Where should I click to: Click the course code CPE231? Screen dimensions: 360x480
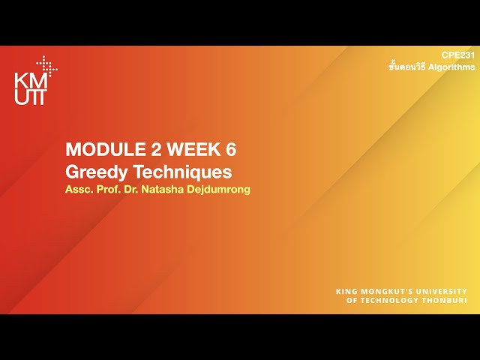click(457, 55)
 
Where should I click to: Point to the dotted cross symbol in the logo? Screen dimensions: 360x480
click(47, 65)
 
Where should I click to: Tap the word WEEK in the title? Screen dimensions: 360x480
click(184, 148)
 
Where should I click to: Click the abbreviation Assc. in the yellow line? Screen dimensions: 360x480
click(79, 189)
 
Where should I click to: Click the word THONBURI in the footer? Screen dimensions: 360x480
click(445, 301)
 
